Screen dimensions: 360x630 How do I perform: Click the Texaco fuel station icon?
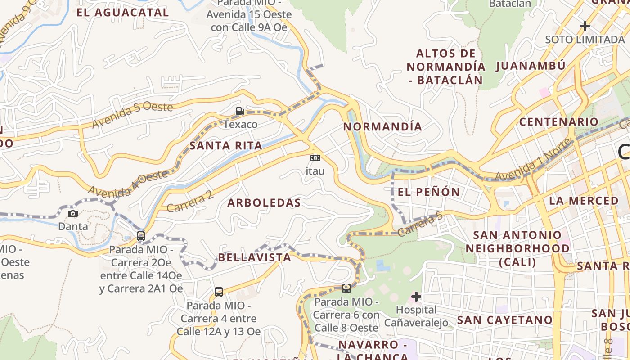[240, 111]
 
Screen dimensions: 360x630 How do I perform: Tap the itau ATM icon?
[315, 157]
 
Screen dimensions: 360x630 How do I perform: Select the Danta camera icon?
[73, 213]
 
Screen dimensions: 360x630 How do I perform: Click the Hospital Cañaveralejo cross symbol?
[416, 297]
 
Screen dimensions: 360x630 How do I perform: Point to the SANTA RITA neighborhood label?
[226, 146]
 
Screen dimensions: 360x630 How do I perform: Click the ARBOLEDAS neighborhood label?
[264, 203]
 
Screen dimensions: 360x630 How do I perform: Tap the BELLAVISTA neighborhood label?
[255, 257]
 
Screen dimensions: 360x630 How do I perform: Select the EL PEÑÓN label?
[429, 192]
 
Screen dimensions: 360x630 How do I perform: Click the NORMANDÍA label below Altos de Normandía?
[383, 127]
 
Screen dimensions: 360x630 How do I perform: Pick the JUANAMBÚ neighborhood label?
[531, 66]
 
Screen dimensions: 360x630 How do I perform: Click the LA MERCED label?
[584, 201]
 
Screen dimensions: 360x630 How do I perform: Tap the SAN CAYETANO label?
[504, 320]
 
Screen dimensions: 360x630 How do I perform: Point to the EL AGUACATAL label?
[123, 13]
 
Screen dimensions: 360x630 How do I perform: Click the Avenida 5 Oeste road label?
[132, 114]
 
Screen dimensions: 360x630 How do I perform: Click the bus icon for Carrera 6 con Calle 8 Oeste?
[346, 288]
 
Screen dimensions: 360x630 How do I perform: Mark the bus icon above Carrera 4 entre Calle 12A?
[219, 292]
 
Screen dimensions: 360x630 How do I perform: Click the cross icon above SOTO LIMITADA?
[585, 26]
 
